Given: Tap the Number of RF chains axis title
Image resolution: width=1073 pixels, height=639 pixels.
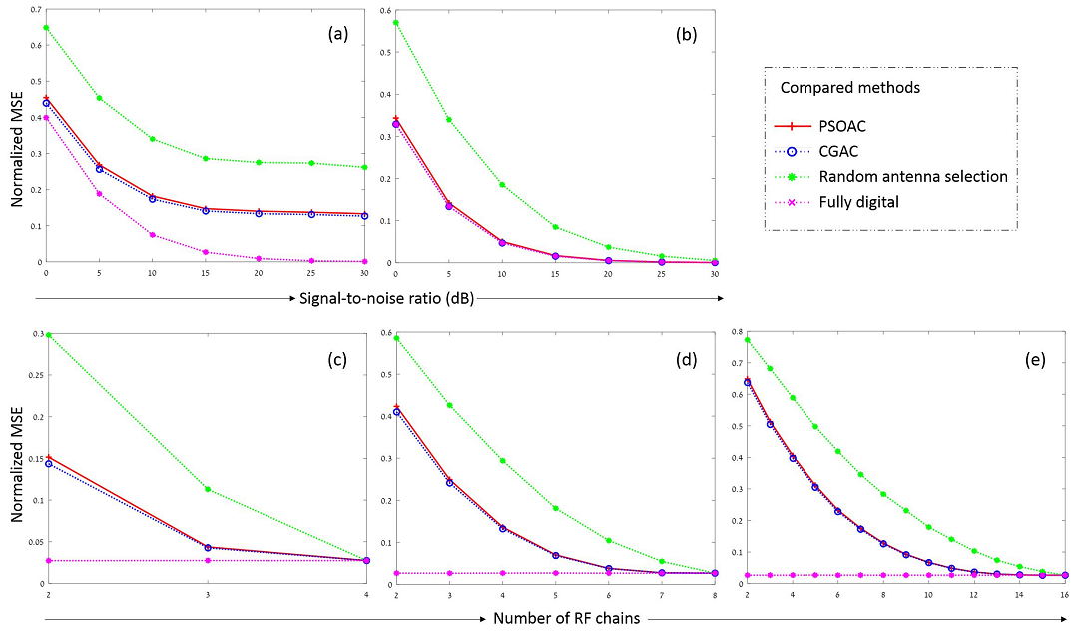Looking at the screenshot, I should pos(567,619).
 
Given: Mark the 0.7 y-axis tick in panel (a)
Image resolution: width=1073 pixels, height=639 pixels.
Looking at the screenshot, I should pos(36,10).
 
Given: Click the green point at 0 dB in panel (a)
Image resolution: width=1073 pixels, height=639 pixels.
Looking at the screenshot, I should pos(46,27).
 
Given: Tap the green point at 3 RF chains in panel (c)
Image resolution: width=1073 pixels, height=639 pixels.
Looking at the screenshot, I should pos(207,489).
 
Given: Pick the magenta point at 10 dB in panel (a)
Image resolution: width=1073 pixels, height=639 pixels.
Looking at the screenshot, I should pos(152,235).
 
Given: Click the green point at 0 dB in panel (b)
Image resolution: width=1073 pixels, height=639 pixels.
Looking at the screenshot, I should pos(395,23).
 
